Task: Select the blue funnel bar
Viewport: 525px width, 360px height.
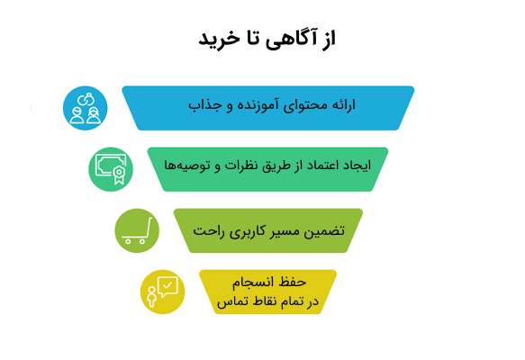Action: [x=267, y=107]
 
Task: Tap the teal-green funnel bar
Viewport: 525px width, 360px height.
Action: [x=267, y=168]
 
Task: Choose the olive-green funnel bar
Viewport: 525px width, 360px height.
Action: [x=267, y=230]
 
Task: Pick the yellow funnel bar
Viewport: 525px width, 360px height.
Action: [x=267, y=292]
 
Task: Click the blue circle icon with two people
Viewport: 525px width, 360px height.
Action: [x=86, y=107]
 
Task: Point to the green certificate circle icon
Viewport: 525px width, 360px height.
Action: [x=111, y=168]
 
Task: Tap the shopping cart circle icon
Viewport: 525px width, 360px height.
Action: [x=137, y=230]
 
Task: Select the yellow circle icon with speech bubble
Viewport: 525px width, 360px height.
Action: [x=163, y=292]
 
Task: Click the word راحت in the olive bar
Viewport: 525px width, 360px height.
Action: [x=210, y=230]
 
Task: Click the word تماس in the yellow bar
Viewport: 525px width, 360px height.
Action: [x=231, y=301]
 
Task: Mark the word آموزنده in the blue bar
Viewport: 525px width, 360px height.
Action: [x=251, y=106]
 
